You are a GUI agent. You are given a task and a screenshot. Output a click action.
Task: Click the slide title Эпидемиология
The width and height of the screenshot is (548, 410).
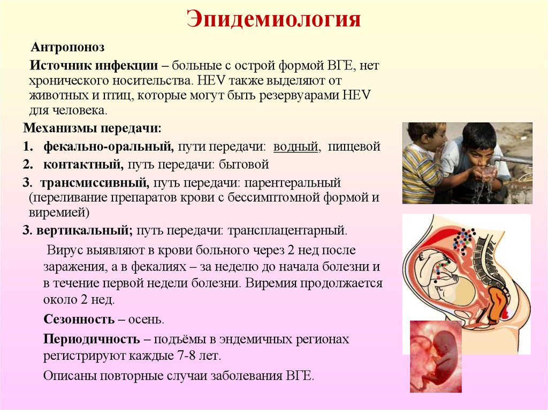pyautogui.click(x=273, y=19)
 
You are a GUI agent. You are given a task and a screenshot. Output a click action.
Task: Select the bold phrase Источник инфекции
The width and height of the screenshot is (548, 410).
pyautogui.click(x=94, y=66)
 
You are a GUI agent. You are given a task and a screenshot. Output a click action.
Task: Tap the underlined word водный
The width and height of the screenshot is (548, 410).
pyautogui.click(x=296, y=146)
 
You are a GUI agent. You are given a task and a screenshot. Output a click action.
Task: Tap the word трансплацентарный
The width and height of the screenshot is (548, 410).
pyautogui.click(x=287, y=231)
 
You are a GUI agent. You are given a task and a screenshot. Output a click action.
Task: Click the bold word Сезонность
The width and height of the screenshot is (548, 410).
pyautogui.click(x=79, y=320)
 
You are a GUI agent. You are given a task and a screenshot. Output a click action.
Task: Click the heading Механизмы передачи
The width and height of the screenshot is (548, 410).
pyautogui.click(x=92, y=129)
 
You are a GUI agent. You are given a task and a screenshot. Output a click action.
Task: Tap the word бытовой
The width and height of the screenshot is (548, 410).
pyautogui.click(x=245, y=164)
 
